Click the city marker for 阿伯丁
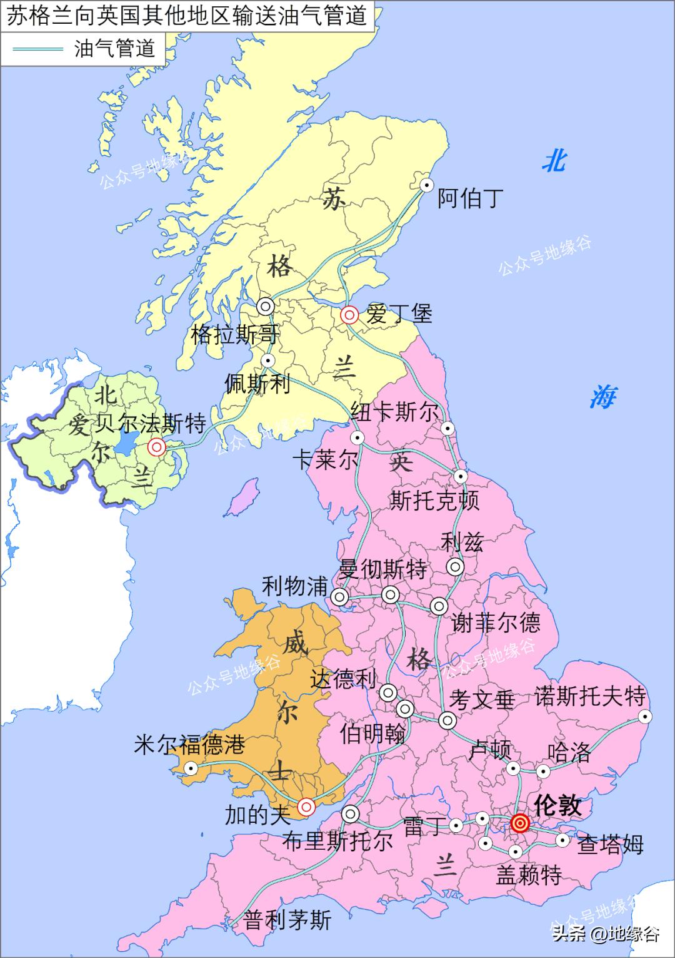click(427, 185)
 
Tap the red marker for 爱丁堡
click(349, 314)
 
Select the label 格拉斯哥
click(234, 335)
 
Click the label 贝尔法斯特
click(150, 424)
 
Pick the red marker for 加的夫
click(306, 807)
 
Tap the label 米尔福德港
click(189, 745)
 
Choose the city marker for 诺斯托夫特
click(644, 716)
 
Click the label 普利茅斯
click(287, 920)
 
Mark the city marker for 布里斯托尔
click(350, 814)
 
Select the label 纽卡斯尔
click(394, 412)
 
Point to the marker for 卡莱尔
click(357, 437)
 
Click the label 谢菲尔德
click(496, 623)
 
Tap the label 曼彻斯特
click(382, 569)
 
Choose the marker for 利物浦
click(340, 596)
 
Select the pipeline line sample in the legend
click(38, 48)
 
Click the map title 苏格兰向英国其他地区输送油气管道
click(186, 16)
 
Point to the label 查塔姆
click(609, 844)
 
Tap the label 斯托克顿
click(434, 501)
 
